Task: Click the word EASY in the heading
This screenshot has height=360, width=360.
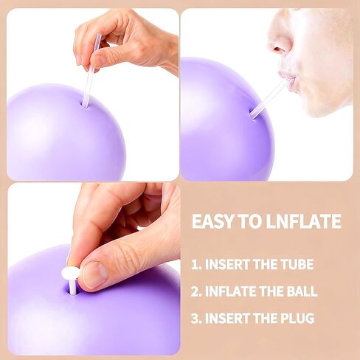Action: (x=212, y=221)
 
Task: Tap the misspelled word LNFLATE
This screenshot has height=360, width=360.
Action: (x=304, y=221)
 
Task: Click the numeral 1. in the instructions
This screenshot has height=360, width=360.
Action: (x=197, y=265)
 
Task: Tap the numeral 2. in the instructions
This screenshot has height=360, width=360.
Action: (x=196, y=291)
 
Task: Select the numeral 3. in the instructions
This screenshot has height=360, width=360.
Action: (x=196, y=318)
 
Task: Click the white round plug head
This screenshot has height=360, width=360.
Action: (x=71, y=272)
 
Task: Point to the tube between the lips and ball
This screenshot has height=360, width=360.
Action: (x=267, y=98)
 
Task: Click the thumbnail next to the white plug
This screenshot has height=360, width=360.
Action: (x=94, y=274)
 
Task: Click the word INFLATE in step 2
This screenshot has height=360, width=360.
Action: (x=230, y=291)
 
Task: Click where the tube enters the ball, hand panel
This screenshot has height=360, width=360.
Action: (x=85, y=106)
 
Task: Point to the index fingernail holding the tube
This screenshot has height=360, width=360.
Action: (x=101, y=58)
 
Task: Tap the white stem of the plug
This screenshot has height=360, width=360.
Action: (x=72, y=285)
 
